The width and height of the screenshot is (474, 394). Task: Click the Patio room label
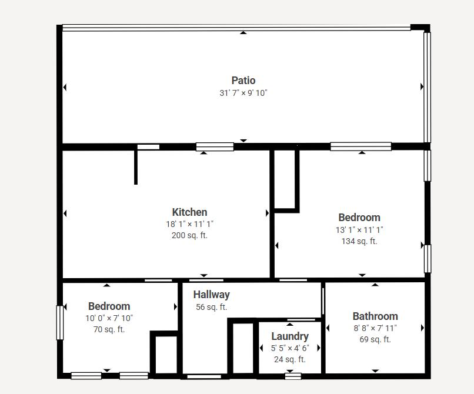(x=243, y=81)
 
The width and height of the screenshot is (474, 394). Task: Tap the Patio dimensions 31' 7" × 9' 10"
(x=243, y=93)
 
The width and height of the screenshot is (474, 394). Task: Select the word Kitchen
(x=189, y=212)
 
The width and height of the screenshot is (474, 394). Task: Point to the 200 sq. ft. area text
(x=189, y=235)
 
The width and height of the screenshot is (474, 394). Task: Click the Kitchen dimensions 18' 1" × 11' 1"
(x=189, y=224)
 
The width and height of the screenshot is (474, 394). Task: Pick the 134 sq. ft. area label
(x=359, y=241)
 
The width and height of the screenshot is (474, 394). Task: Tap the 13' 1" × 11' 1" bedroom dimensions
(x=359, y=230)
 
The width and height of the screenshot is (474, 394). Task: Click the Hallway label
(x=212, y=295)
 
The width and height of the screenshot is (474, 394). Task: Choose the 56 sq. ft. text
(x=211, y=307)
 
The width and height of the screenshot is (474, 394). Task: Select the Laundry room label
(x=290, y=336)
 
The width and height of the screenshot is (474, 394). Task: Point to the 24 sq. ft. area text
(x=290, y=359)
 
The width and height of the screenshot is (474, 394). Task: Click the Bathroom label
(x=375, y=316)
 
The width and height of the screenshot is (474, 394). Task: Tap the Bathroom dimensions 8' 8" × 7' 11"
(x=375, y=328)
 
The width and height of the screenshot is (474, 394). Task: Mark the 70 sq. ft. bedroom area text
(x=109, y=329)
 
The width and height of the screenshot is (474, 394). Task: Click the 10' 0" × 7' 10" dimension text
(x=109, y=318)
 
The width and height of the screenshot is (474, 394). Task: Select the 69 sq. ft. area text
(x=375, y=339)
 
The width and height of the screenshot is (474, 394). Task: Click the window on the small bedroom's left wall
(x=60, y=323)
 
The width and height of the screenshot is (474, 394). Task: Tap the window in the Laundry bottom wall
(x=293, y=376)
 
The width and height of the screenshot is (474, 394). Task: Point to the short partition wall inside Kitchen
(x=136, y=167)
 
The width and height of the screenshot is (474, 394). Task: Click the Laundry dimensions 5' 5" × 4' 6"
(x=290, y=348)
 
